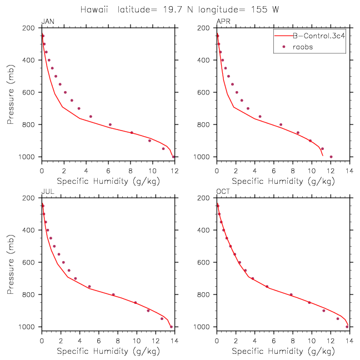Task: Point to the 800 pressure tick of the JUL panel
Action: pyautogui.click(x=32, y=294)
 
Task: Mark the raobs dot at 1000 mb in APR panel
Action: pyautogui.click(x=331, y=157)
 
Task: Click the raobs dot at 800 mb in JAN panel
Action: pyautogui.click(x=110, y=124)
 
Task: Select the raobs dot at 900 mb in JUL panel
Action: pyautogui.click(x=148, y=311)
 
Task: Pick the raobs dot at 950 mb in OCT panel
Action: pyautogui.click(x=337, y=318)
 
